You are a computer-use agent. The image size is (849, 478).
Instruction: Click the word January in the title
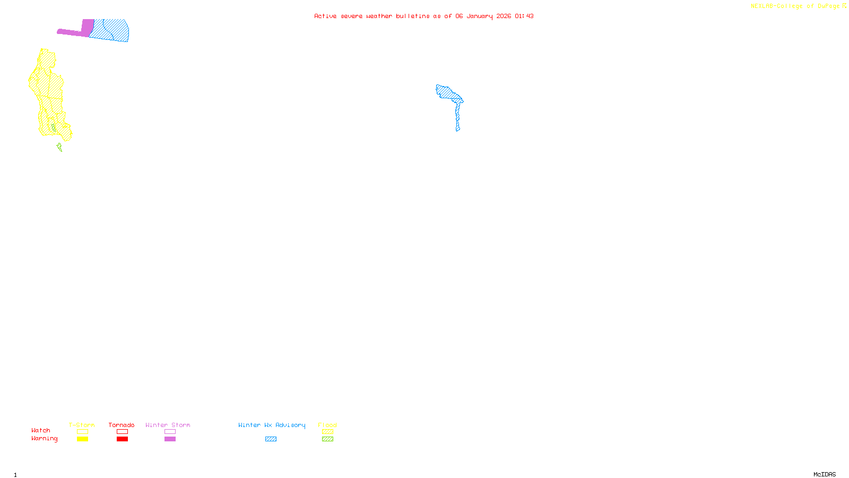pyautogui.click(x=480, y=16)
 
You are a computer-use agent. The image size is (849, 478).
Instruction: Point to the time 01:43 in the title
pyautogui.click(x=524, y=16)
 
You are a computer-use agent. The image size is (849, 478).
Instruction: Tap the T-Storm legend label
pyautogui.click(x=82, y=425)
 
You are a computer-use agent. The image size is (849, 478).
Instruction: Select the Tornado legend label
pyautogui.click(x=122, y=425)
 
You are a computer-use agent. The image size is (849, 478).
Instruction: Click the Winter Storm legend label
pyautogui.click(x=168, y=425)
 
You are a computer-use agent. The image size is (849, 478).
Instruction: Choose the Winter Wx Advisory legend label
pyautogui.click(x=272, y=425)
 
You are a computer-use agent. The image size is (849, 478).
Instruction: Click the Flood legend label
pyautogui.click(x=327, y=425)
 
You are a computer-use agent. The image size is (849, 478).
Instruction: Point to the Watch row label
pyautogui.click(x=41, y=430)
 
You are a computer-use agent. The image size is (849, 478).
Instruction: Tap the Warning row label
pyautogui.click(x=44, y=439)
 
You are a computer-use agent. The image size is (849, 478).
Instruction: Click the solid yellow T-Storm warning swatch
pyautogui.click(x=82, y=439)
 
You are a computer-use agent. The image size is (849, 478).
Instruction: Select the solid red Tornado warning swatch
pyautogui.click(x=123, y=439)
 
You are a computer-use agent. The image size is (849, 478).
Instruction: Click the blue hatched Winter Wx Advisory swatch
pyautogui.click(x=271, y=439)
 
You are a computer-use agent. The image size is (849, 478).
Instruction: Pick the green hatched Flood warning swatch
pyautogui.click(x=328, y=439)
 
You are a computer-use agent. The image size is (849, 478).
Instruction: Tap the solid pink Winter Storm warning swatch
pyautogui.click(x=170, y=439)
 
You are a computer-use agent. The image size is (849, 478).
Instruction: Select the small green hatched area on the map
pyautogui.click(x=59, y=147)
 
